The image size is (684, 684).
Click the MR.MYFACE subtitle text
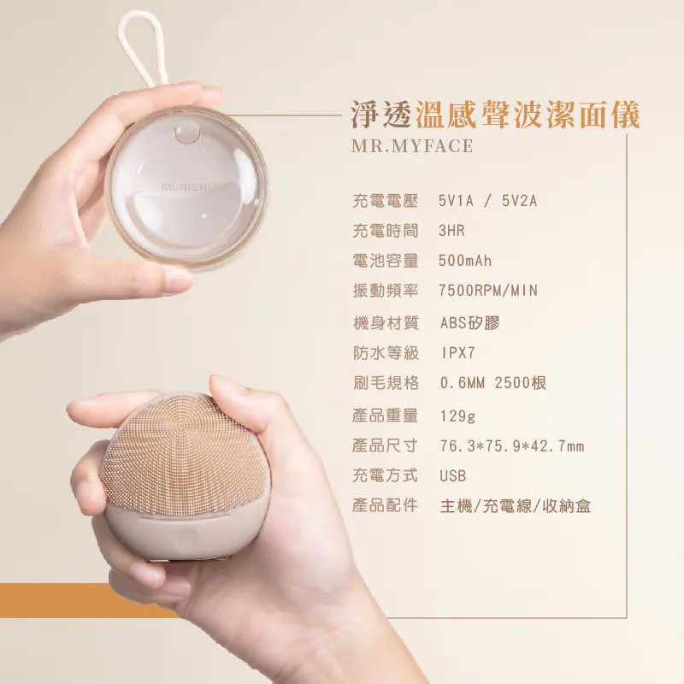412,145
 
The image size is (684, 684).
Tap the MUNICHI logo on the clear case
186,187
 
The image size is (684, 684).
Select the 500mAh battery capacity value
465,261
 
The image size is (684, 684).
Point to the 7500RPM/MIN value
488,290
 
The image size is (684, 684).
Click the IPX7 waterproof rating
457,352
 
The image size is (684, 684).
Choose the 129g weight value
457,416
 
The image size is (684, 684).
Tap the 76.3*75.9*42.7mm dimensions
511,445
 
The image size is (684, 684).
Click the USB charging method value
453,475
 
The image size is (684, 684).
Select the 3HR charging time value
451,230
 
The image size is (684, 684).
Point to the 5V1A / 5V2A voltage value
487,201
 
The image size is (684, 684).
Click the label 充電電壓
386,201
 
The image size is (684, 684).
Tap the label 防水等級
386,352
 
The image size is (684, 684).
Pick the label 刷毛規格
386,382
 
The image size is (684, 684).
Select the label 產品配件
386,505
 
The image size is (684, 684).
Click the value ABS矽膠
469,323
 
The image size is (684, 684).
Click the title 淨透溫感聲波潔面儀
495,115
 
